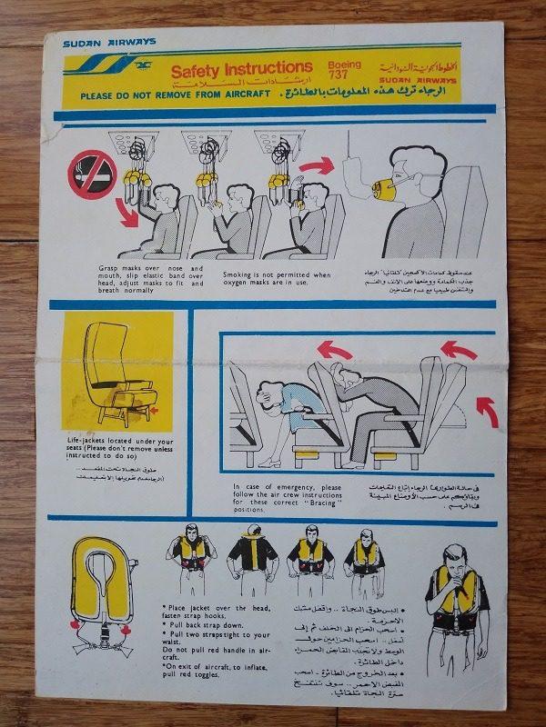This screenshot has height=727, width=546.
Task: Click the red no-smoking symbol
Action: (92, 174)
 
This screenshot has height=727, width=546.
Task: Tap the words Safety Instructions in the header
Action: (241, 68)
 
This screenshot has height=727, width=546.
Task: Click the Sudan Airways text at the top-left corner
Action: (109, 42)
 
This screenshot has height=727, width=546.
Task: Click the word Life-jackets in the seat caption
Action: (88, 439)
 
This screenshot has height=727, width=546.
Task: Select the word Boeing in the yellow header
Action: (343, 65)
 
